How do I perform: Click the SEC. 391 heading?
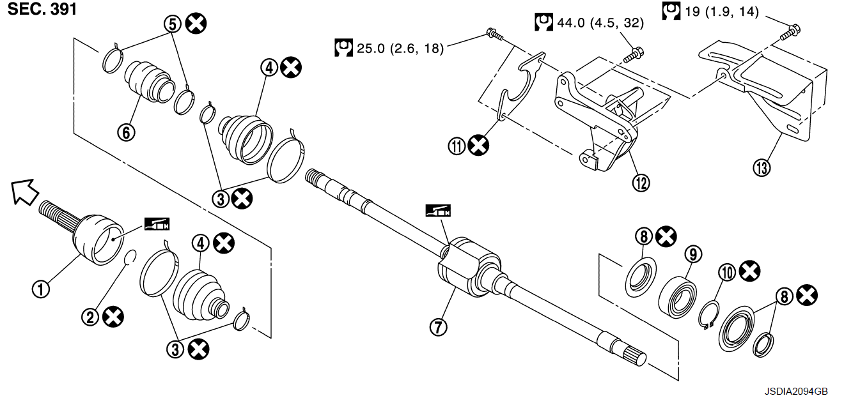[x=42, y=9]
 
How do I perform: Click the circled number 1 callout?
[x=41, y=289]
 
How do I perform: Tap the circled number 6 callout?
[x=126, y=132]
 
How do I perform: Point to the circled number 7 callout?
[x=438, y=327]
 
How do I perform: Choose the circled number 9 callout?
[x=693, y=254]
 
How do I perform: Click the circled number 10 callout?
[x=727, y=272]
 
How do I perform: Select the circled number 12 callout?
[x=641, y=183]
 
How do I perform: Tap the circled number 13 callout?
[x=762, y=168]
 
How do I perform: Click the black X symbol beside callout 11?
[x=478, y=146]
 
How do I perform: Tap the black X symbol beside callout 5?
[x=196, y=24]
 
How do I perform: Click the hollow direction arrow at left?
[x=25, y=192]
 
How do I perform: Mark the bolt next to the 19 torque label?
[x=790, y=32]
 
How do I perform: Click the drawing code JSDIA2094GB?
[x=796, y=391]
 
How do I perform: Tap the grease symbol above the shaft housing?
[x=438, y=211]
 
